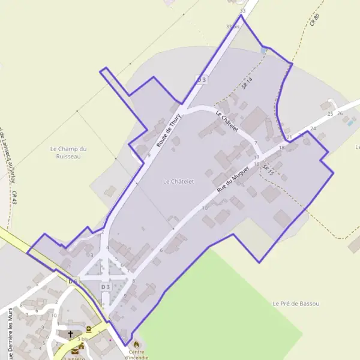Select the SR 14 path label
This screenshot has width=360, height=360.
click(x=248, y=83)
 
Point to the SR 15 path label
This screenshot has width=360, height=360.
click(x=268, y=170)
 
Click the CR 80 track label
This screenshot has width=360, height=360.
click(x=316, y=19)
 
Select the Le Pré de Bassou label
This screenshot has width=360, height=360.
click(x=296, y=304)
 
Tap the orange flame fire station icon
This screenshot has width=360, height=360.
click(x=136, y=344)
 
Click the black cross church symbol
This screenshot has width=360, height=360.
click(x=70, y=334)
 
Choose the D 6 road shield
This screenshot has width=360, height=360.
click(x=73, y=281)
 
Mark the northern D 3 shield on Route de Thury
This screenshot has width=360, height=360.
click(x=202, y=79)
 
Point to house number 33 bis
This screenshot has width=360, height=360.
click(x=233, y=27)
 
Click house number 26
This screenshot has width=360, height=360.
click(x=340, y=113)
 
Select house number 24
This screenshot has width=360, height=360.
click(x=313, y=128)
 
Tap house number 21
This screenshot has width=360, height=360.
click(x=289, y=137)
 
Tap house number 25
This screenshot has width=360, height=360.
click(x=330, y=113)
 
